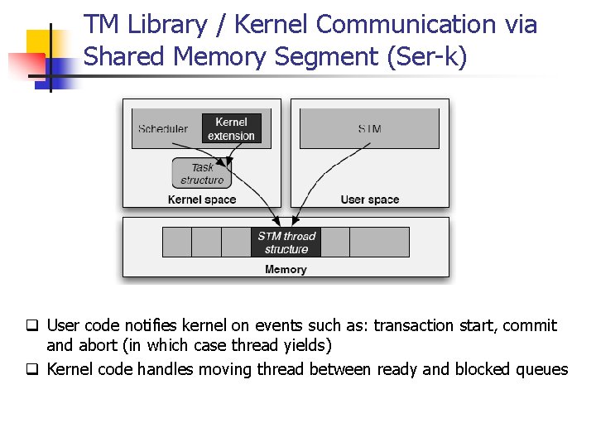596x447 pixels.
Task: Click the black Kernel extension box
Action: (232, 128)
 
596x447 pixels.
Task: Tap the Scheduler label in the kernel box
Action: (163, 128)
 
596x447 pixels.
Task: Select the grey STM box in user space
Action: (369, 128)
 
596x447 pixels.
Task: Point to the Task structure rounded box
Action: (202, 174)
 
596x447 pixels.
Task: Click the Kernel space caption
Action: (202, 199)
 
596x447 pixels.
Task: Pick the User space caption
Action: (370, 199)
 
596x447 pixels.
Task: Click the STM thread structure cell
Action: (286, 243)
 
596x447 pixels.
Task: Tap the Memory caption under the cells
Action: (286, 269)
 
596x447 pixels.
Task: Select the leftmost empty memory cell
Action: (177, 242)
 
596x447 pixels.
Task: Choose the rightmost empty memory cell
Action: (379, 242)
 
